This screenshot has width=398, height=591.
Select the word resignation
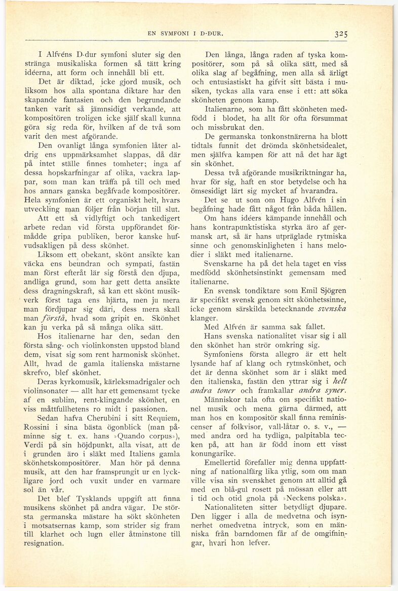click(x=47, y=543)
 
